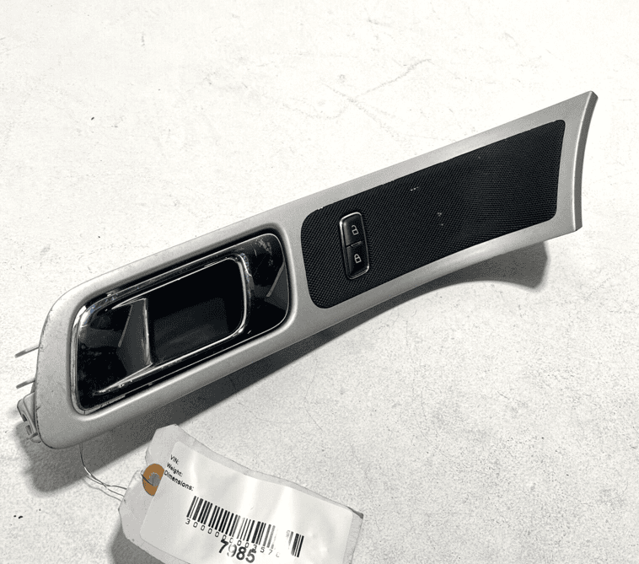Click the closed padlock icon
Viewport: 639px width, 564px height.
coord(357,259)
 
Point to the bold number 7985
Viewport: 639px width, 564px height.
coord(237,553)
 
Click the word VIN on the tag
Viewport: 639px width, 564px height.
coord(175,460)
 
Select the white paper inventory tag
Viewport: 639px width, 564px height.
coord(244,497)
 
